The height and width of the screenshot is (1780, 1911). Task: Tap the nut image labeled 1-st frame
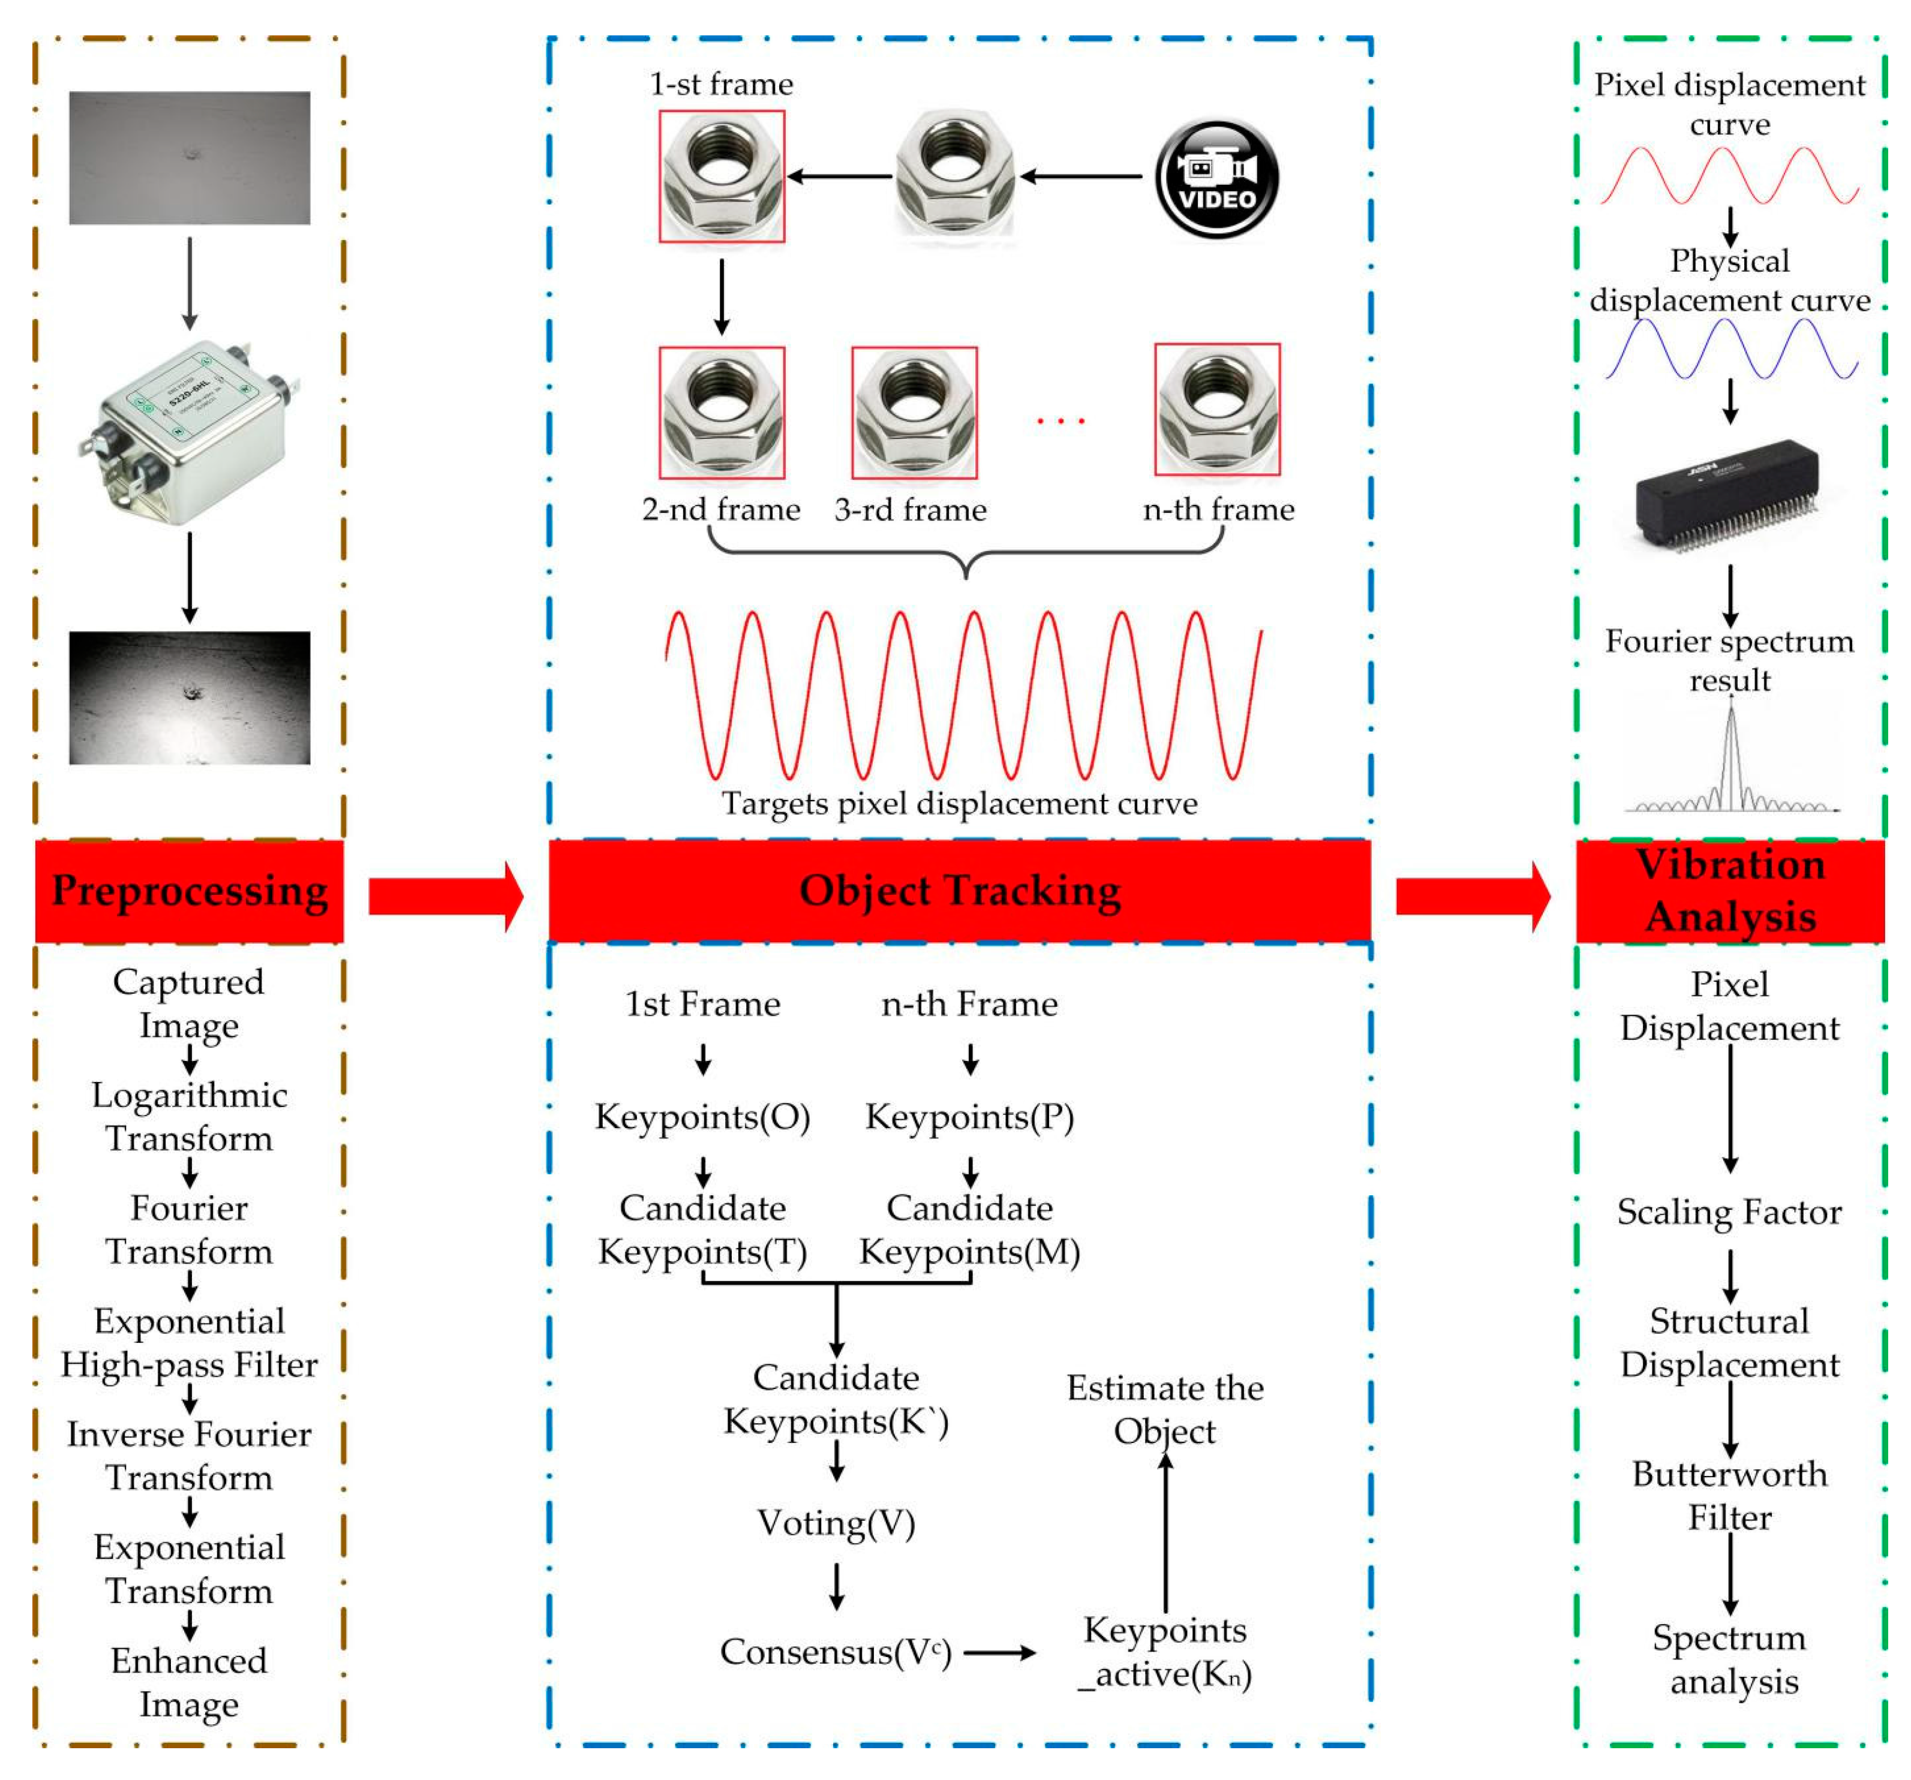pos(721,176)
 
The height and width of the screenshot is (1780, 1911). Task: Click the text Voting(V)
pos(836,1523)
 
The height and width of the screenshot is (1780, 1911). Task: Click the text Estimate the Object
pos(1164,1408)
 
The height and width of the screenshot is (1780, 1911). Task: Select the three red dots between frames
pos(1060,420)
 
